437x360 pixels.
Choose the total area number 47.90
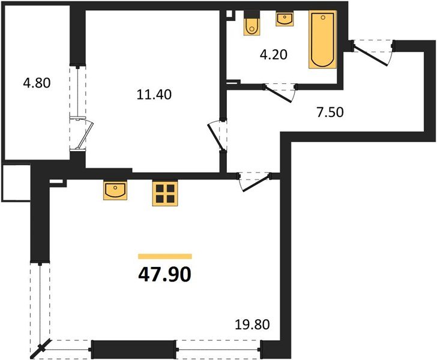(x=165, y=274)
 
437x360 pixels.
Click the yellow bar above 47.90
(x=165, y=256)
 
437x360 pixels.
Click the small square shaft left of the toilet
(x=229, y=16)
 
